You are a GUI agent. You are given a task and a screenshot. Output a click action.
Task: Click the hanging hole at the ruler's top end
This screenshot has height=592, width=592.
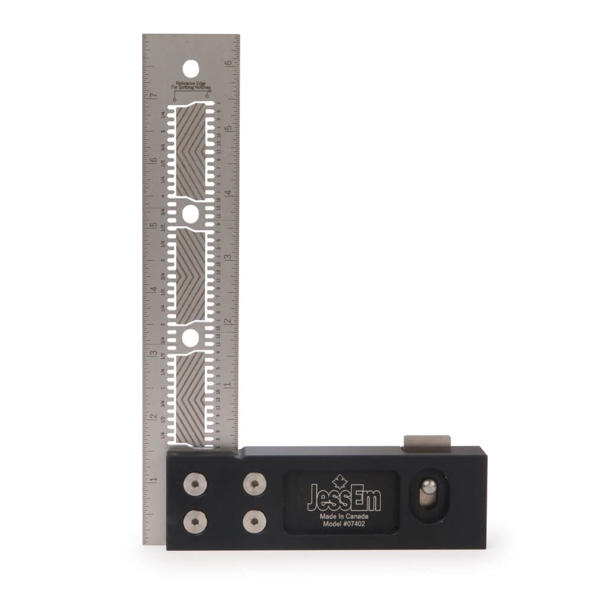191,69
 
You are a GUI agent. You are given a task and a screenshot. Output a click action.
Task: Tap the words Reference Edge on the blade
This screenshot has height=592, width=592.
191,83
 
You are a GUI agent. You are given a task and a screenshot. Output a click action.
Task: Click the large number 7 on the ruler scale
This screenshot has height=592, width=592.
153,96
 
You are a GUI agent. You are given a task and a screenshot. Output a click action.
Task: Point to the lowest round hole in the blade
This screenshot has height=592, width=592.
191,338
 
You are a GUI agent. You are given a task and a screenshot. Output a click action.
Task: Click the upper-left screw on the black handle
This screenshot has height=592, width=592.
195,484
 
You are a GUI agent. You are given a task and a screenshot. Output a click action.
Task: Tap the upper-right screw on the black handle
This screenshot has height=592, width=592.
255,484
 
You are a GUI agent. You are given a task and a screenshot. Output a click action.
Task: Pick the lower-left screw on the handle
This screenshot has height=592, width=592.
195,522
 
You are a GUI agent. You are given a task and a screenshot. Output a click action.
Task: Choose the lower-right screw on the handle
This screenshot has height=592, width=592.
255,522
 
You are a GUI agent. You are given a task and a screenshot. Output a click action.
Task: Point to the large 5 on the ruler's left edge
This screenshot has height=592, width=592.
153,225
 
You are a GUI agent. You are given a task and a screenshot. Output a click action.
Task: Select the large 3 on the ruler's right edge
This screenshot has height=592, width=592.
227,256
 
